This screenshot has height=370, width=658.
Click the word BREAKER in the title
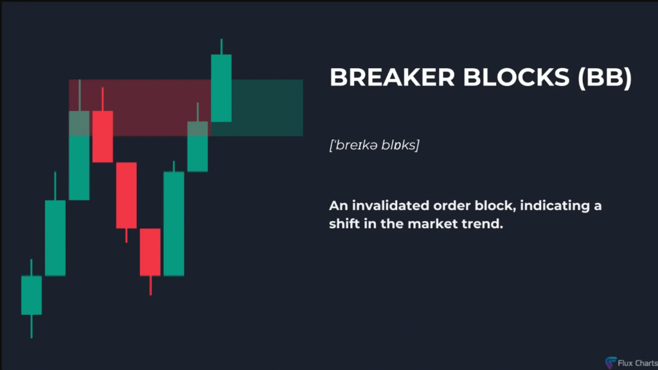pyautogui.click(x=392, y=77)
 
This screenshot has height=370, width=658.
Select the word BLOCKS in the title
pyautogui.click(x=516, y=77)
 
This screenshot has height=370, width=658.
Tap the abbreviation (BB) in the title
pyautogui.click(x=605, y=78)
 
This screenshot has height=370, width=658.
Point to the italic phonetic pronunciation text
pyautogui.click(x=375, y=145)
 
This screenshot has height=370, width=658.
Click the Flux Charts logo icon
pyautogui.click(x=610, y=362)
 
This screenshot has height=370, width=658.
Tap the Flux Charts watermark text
pyautogui.click(x=637, y=364)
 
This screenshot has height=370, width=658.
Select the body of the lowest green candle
pyautogui.click(x=31, y=295)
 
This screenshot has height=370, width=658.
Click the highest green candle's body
pyautogui.click(x=221, y=88)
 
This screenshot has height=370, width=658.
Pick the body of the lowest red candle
pyautogui.click(x=150, y=252)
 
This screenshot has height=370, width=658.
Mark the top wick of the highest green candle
pyautogui.click(x=222, y=46)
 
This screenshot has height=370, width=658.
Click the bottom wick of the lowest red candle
pyautogui.click(x=150, y=285)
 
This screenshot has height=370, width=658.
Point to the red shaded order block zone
pyautogui.click(x=139, y=108)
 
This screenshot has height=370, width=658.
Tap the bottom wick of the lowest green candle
pyautogui.click(x=31, y=326)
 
